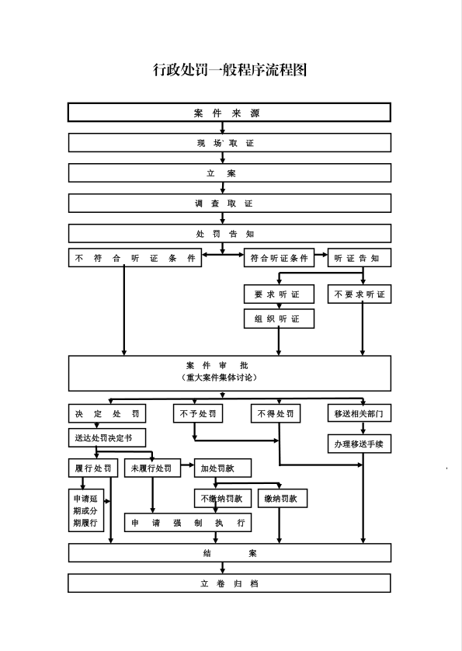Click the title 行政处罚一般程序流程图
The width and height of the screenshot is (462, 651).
(x=230, y=69)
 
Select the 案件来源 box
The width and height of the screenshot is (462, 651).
(x=230, y=113)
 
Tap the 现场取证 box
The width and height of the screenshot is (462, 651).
(x=230, y=143)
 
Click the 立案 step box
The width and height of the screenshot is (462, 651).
(x=230, y=172)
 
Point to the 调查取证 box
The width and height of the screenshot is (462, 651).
(x=230, y=203)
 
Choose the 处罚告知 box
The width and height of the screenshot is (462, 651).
(x=230, y=233)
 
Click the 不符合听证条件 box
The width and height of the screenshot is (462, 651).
(x=135, y=258)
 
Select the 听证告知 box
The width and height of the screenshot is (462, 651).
(x=360, y=258)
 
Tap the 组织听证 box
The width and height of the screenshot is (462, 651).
(x=279, y=319)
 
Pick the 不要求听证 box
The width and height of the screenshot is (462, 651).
(x=360, y=294)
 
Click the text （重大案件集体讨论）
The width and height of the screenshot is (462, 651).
(x=220, y=378)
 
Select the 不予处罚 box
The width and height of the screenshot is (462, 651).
(x=198, y=413)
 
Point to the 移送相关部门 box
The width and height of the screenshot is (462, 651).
(x=360, y=413)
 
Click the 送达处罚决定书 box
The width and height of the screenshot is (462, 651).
(x=107, y=437)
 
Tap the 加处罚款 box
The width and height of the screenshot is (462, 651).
(x=223, y=468)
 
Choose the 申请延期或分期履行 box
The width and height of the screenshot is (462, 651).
(x=86, y=510)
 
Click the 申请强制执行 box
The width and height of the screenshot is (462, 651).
(x=188, y=522)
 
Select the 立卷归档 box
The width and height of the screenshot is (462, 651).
(x=230, y=583)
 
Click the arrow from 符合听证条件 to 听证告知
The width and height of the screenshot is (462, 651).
(x=321, y=255)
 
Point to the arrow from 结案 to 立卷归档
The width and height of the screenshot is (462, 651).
(x=223, y=568)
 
